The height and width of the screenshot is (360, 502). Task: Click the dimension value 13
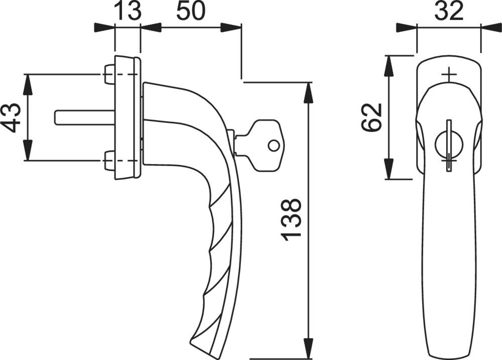coord(127,11)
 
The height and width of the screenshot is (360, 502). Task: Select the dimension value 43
coord(13,117)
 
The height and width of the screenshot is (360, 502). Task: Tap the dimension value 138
coord(291,220)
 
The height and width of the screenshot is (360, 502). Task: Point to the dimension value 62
coord(371,117)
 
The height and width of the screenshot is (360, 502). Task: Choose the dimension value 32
coord(449,11)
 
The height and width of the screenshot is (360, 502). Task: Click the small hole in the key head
coord(273,146)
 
